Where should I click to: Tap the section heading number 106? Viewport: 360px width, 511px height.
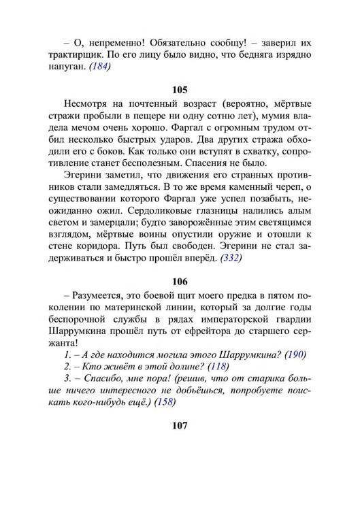pos(180,281)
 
